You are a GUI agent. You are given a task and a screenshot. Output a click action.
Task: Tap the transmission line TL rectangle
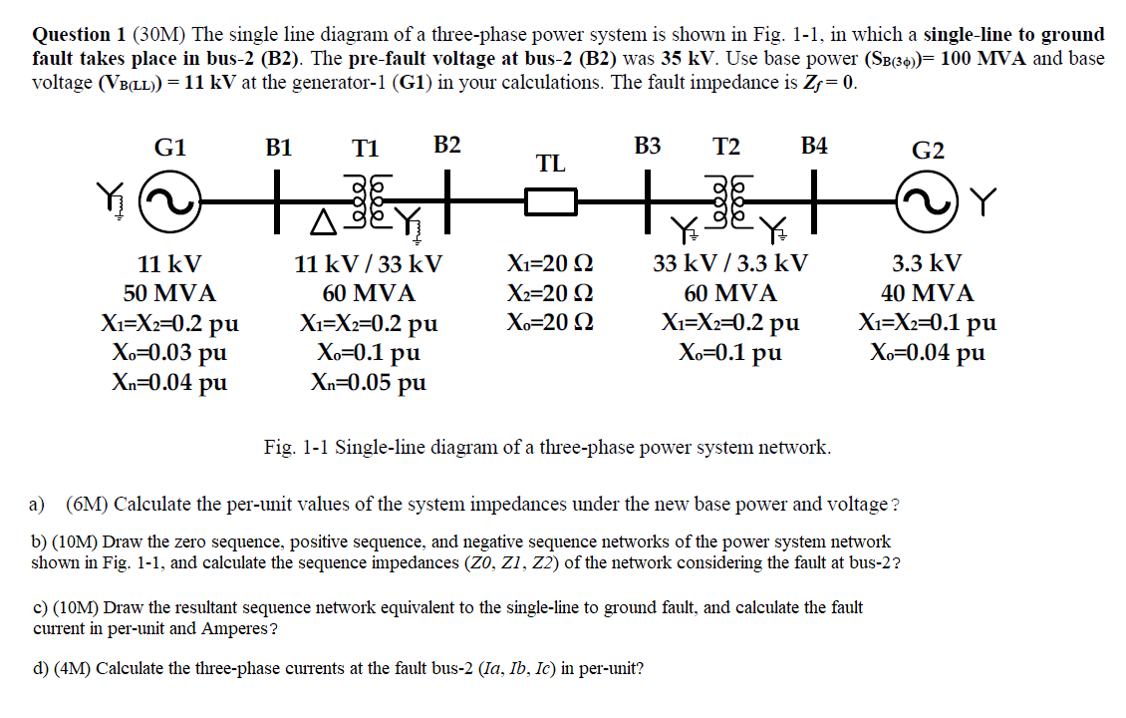point(551,203)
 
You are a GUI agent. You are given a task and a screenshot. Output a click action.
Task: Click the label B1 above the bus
point(279,149)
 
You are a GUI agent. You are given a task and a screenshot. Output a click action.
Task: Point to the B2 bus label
point(447,146)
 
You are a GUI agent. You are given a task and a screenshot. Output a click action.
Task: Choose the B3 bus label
point(648,147)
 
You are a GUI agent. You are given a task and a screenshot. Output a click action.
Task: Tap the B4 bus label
point(814,147)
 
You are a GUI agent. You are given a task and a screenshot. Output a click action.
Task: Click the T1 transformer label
point(366,149)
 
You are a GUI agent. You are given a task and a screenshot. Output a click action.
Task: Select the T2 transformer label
point(726,147)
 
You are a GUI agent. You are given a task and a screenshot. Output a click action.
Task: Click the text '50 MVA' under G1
point(169,294)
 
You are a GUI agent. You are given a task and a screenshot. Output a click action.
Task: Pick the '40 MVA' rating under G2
point(928,294)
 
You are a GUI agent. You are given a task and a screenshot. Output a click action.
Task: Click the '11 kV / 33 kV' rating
point(369,265)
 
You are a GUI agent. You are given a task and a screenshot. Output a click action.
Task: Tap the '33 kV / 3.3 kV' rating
point(730,264)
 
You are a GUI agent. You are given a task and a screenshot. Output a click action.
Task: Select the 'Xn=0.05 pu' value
point(369,382)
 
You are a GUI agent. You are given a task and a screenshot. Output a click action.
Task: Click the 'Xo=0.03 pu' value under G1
point(169,352)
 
